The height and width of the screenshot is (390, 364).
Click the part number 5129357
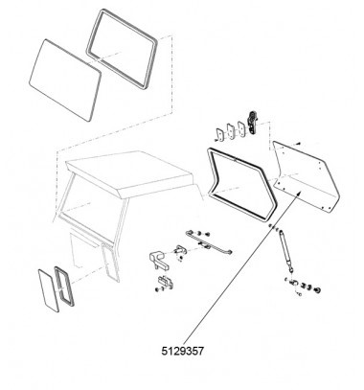182,351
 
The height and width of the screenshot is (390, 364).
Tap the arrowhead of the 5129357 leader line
298,194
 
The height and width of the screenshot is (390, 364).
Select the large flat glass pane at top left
65,80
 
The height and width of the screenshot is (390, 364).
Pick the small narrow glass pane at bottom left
49,290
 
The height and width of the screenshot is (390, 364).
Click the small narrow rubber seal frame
64,287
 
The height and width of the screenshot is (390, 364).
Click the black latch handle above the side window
253,123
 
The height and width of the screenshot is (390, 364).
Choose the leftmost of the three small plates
220,134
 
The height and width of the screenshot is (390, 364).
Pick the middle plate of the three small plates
231,130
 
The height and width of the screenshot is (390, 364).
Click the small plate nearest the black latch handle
241,128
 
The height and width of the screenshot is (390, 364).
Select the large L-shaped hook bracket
159,261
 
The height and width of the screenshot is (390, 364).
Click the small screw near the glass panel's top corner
298,144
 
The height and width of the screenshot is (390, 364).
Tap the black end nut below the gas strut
317,290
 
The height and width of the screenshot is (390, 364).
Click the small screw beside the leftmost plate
216,140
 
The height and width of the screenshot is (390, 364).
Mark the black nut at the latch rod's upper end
207,234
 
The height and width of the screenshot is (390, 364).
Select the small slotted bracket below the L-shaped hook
166,282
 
